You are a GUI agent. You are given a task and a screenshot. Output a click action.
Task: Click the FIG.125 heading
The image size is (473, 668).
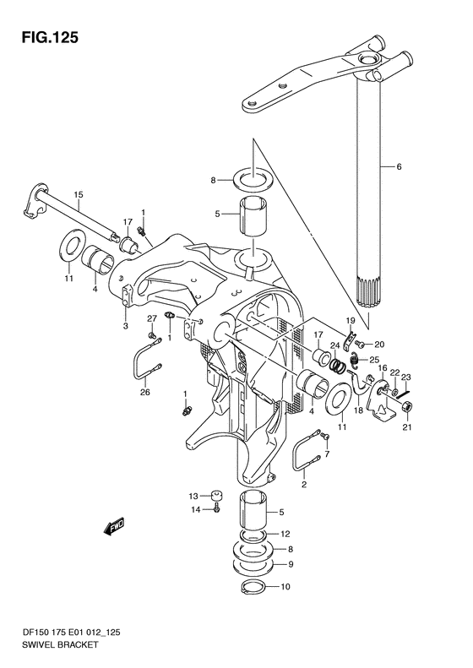51,38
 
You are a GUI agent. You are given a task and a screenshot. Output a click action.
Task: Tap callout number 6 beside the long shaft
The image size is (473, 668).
399,167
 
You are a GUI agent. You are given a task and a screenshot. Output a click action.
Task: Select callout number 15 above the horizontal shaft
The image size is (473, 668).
79,195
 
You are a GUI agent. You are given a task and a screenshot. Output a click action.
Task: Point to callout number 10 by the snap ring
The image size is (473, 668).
285,587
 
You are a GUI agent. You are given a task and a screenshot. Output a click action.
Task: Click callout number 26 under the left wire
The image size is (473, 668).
145,392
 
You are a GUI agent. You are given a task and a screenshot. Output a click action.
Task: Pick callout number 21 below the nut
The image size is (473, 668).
407,427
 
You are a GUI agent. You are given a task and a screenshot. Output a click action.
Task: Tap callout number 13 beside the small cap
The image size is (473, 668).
193,496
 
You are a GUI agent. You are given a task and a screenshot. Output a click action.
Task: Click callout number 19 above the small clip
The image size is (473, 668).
351,320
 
